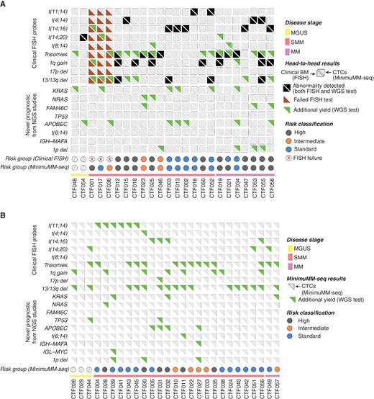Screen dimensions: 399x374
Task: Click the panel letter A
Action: click(4, 4)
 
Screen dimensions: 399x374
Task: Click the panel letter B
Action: click(4, 212)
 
